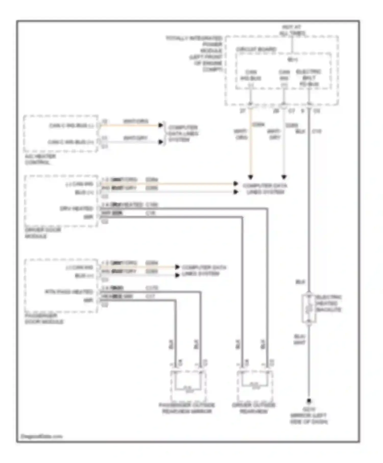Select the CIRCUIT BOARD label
click(256, 49)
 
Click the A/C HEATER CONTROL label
click(40, 159)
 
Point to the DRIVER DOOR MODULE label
click(43, 233)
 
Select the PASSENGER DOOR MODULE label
click(44, 319)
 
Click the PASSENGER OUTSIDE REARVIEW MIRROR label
click(187, 408)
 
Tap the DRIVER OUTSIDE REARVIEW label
click(254, 408)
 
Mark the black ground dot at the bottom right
click(309, 401)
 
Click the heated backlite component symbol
click(309, 308)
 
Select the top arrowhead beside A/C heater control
click(161, 125)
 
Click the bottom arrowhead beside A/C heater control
click(161, 142)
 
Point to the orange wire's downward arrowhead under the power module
click(251, 177)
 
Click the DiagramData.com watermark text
click(41, 436)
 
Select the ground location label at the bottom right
click(309, 416)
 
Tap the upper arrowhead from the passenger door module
click(177, 267)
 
